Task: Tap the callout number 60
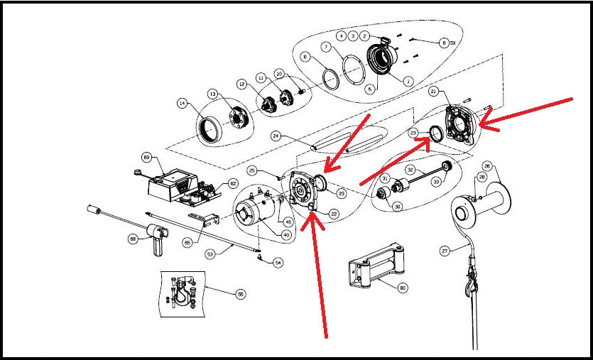pyautogui.click(x=147, y=157)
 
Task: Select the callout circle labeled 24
pyautogui.click(x=276, y=136)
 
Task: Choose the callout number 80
pyautogui.click(x=403, y=288)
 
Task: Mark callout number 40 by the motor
pyautogui.click(x=286, y=235)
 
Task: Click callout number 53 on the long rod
pyautogui.click(x=210, y=253)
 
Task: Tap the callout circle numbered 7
pyautogui.click(x=326, y=47)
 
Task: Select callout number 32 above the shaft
pyautogui.click(x=410, y=170)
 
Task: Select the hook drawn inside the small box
pyautogui.click(x=186, y=292)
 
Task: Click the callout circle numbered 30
pyautogui.click(x=397, y=206)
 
